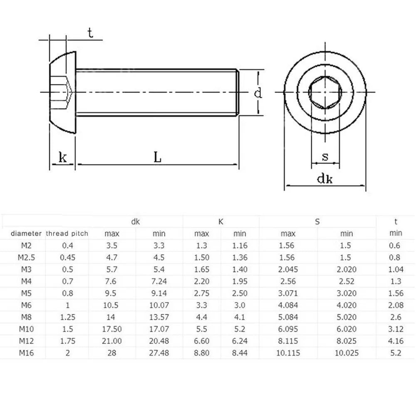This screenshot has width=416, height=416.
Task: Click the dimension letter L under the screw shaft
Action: (157, 157)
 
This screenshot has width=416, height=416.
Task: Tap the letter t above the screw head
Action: (90, 34)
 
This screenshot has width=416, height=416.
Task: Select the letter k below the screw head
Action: (63, 157)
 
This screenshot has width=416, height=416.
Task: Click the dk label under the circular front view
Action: (325, 179)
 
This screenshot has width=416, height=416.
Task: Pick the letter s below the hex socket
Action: (325, 157)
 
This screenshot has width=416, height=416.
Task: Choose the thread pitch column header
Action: (67, 234)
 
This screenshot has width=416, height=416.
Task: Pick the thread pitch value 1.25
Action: (67, 317)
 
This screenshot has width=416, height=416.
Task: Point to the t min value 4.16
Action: (396, 341)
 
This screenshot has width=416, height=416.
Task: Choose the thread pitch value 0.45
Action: (67, 258)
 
